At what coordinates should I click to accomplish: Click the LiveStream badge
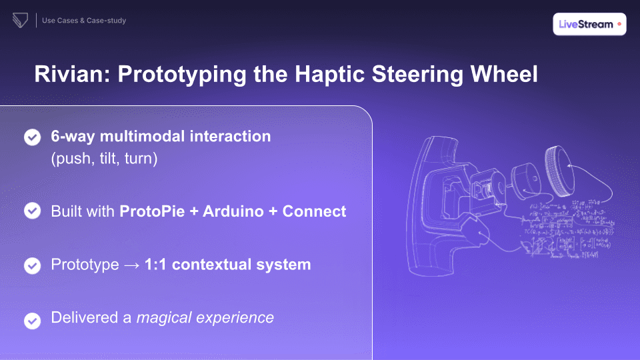click(x=589, y=24)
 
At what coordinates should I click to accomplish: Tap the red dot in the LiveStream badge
click(x=619, y=24)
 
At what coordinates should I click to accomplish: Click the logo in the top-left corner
click(x=19, y=21)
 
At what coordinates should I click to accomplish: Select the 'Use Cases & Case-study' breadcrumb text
click(x=84, y=21)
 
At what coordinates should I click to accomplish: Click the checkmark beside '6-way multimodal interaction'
click(x=32, y=137)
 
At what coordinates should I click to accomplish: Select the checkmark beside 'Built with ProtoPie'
click(x=32, y=211)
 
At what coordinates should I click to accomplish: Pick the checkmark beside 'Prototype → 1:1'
click(x=32, y=265)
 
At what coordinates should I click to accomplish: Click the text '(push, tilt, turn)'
click(x=104, y=159)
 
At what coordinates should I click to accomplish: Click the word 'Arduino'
click(x=235, y=211)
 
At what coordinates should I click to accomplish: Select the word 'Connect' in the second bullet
click(x=314, y=211)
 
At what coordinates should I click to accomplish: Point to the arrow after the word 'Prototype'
click(x=131, y=265)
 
